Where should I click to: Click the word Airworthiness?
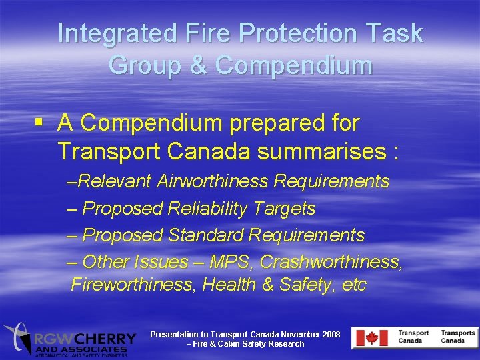[215, 181]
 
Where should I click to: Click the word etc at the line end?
[353, 285]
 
